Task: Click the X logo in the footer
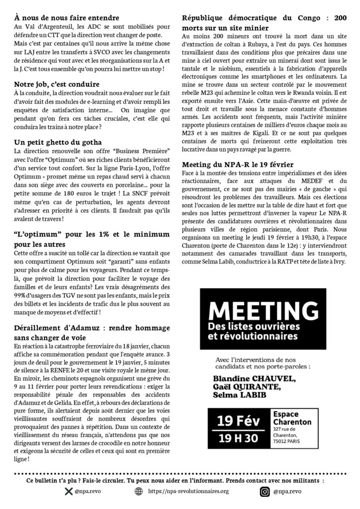[69, 492]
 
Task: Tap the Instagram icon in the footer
[265, 492]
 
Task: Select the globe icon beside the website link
[139, 492]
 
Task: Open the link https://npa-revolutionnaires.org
[188, 492]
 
